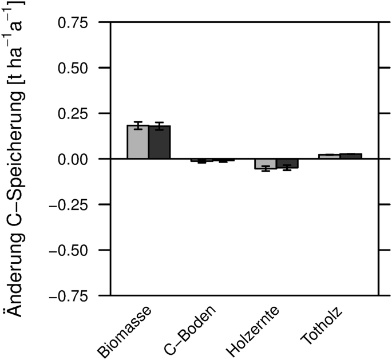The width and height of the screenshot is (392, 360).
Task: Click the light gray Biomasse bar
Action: pyautogui.click(x=138, y=143)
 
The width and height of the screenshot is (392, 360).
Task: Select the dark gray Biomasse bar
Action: pyautogui.click(x=160, y=143)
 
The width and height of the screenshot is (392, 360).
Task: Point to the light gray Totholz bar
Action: pyautogui.click(x=329, y=156)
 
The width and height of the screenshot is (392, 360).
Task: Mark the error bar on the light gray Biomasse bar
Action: pyautogui.click(x=138, y=125)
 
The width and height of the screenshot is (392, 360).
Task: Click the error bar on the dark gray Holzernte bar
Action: pyautogui.click(x=287, y=167)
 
